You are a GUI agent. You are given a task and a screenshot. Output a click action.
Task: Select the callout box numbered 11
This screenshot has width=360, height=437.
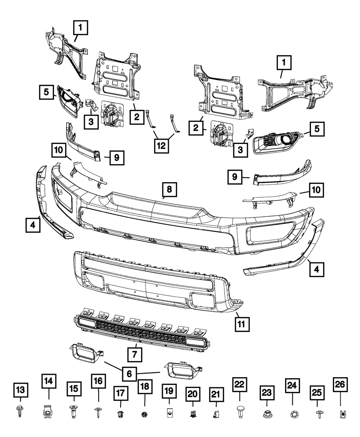(x=241, y=324)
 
